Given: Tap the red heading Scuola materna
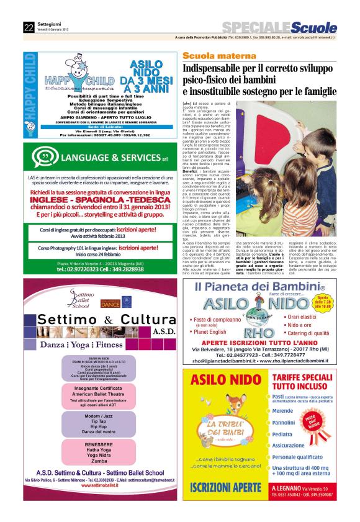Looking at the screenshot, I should coord(210,56).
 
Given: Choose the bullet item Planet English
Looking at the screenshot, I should coord(217,331).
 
